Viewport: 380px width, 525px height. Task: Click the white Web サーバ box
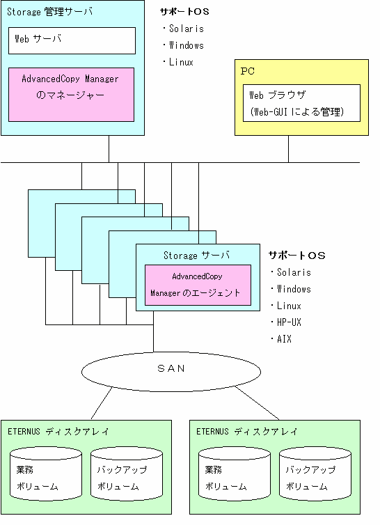tap(72, 40)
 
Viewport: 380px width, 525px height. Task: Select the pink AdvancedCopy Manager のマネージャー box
tap(71, 95)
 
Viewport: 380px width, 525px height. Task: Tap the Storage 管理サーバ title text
tap(49, 12)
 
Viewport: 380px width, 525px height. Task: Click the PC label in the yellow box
tap(248, 71)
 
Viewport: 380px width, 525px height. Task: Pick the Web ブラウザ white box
tap(301, 103)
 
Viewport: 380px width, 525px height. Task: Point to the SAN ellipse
tap(171, 371)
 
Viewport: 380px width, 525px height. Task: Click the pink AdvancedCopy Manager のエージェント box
tap(198, 285)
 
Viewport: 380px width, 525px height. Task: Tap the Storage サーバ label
tap(196, 256)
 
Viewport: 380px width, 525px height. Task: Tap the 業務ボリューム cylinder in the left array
tap(46, 473)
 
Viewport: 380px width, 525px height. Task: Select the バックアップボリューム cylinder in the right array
tap(315, 473)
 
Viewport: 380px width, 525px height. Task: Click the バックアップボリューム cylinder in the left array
tap(127, 473)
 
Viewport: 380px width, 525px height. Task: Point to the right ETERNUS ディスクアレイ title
tap(247, 431)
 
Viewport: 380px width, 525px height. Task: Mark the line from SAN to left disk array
tap(102, 402)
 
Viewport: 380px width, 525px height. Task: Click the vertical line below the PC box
tap(288, 149)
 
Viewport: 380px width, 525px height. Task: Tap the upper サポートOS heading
tap(184, 12)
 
